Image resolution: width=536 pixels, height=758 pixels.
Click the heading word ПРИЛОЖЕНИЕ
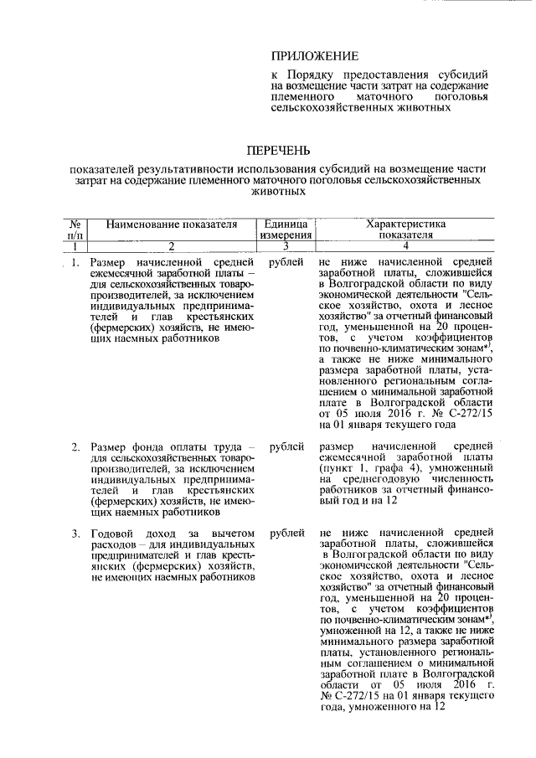[314, 56]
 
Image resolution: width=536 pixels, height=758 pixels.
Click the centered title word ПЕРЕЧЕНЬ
[277, 151]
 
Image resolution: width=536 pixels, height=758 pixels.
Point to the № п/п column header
[73, 230]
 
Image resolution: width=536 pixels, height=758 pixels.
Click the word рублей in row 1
[286, 263]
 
